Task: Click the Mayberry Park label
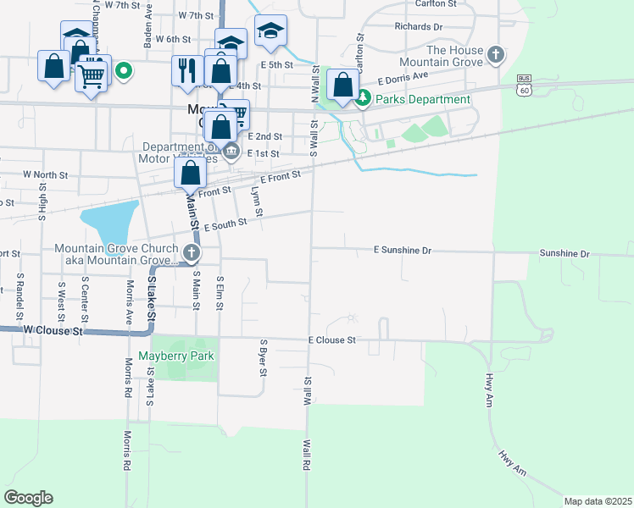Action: (x=176, y=356)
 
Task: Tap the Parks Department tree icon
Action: (x=363, y=99)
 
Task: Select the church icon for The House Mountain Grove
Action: (x=497, y=56)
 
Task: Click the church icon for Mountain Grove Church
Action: (x=192, y=252)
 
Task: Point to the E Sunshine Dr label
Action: (x=403, y=251)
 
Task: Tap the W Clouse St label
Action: (x=53, y=330)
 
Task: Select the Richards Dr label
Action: (x=419, y=27)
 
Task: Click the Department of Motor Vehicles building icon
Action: (x=231, y=152)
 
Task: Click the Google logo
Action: (x=28, y=498)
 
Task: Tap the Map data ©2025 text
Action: (x=598, y=501)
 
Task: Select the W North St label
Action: (x=45, y=174)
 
